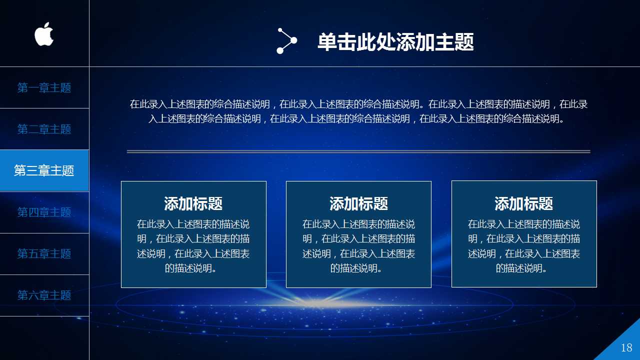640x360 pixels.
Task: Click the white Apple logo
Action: point(44,34)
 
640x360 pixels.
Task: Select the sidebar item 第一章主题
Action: point(44,88)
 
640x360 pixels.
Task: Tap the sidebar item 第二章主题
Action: point(44,129)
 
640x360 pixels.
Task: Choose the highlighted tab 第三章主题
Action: point(44,170)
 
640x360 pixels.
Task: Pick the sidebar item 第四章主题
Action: point(44,212)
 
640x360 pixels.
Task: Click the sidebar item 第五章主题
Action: point(44,253)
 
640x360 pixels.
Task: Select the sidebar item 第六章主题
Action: point(44,295)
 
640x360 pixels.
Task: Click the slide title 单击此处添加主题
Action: point(395,42)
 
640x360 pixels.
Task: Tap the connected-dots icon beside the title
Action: point(286,41)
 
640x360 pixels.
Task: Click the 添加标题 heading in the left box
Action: point(193,203)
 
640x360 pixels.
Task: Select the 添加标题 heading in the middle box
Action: point(358,203)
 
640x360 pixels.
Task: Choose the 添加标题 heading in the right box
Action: point(523,203)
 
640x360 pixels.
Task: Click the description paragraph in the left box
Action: point(193,246)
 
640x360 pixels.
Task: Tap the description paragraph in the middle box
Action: point(358,246)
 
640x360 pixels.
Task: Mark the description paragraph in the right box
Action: point(523,246)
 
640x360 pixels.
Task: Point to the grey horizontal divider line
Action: point(358,151)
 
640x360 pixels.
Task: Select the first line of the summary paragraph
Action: point(358,104)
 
